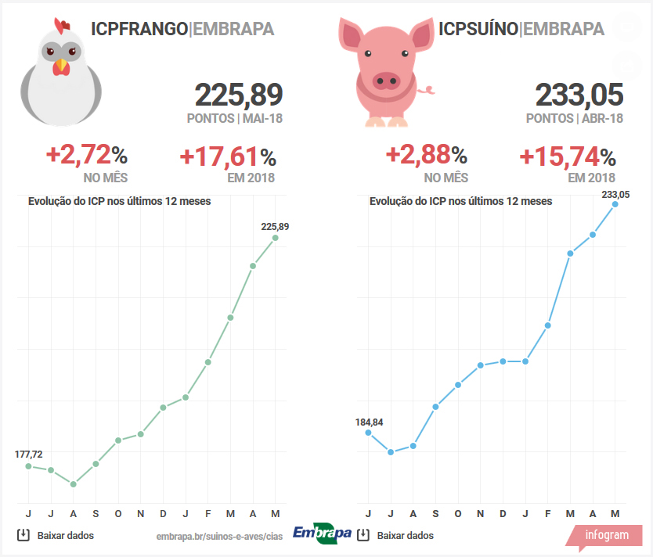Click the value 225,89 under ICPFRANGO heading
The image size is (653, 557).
[x=238, y=95]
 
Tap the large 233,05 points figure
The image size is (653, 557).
[x=579, y=95]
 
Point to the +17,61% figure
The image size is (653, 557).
[x=228, y=157]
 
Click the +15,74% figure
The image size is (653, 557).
[x=568, y=157]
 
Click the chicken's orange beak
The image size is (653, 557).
[x=60, y=68]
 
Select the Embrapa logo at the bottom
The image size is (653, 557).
[x=322, y=534]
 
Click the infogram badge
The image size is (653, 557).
[x=606, y=535]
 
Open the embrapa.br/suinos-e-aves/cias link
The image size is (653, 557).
[x=219, y=536]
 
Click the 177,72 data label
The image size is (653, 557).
[x=29, y=455]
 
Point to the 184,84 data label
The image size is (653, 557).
[x=369, y=422]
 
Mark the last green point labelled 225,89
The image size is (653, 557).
[x=275, y=238]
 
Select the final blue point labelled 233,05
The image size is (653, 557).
[x=615, y=204]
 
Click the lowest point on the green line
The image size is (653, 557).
[x=74, y=484]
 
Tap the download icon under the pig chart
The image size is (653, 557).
[x=363, y=535]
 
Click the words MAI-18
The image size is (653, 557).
[x=262, y=119]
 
